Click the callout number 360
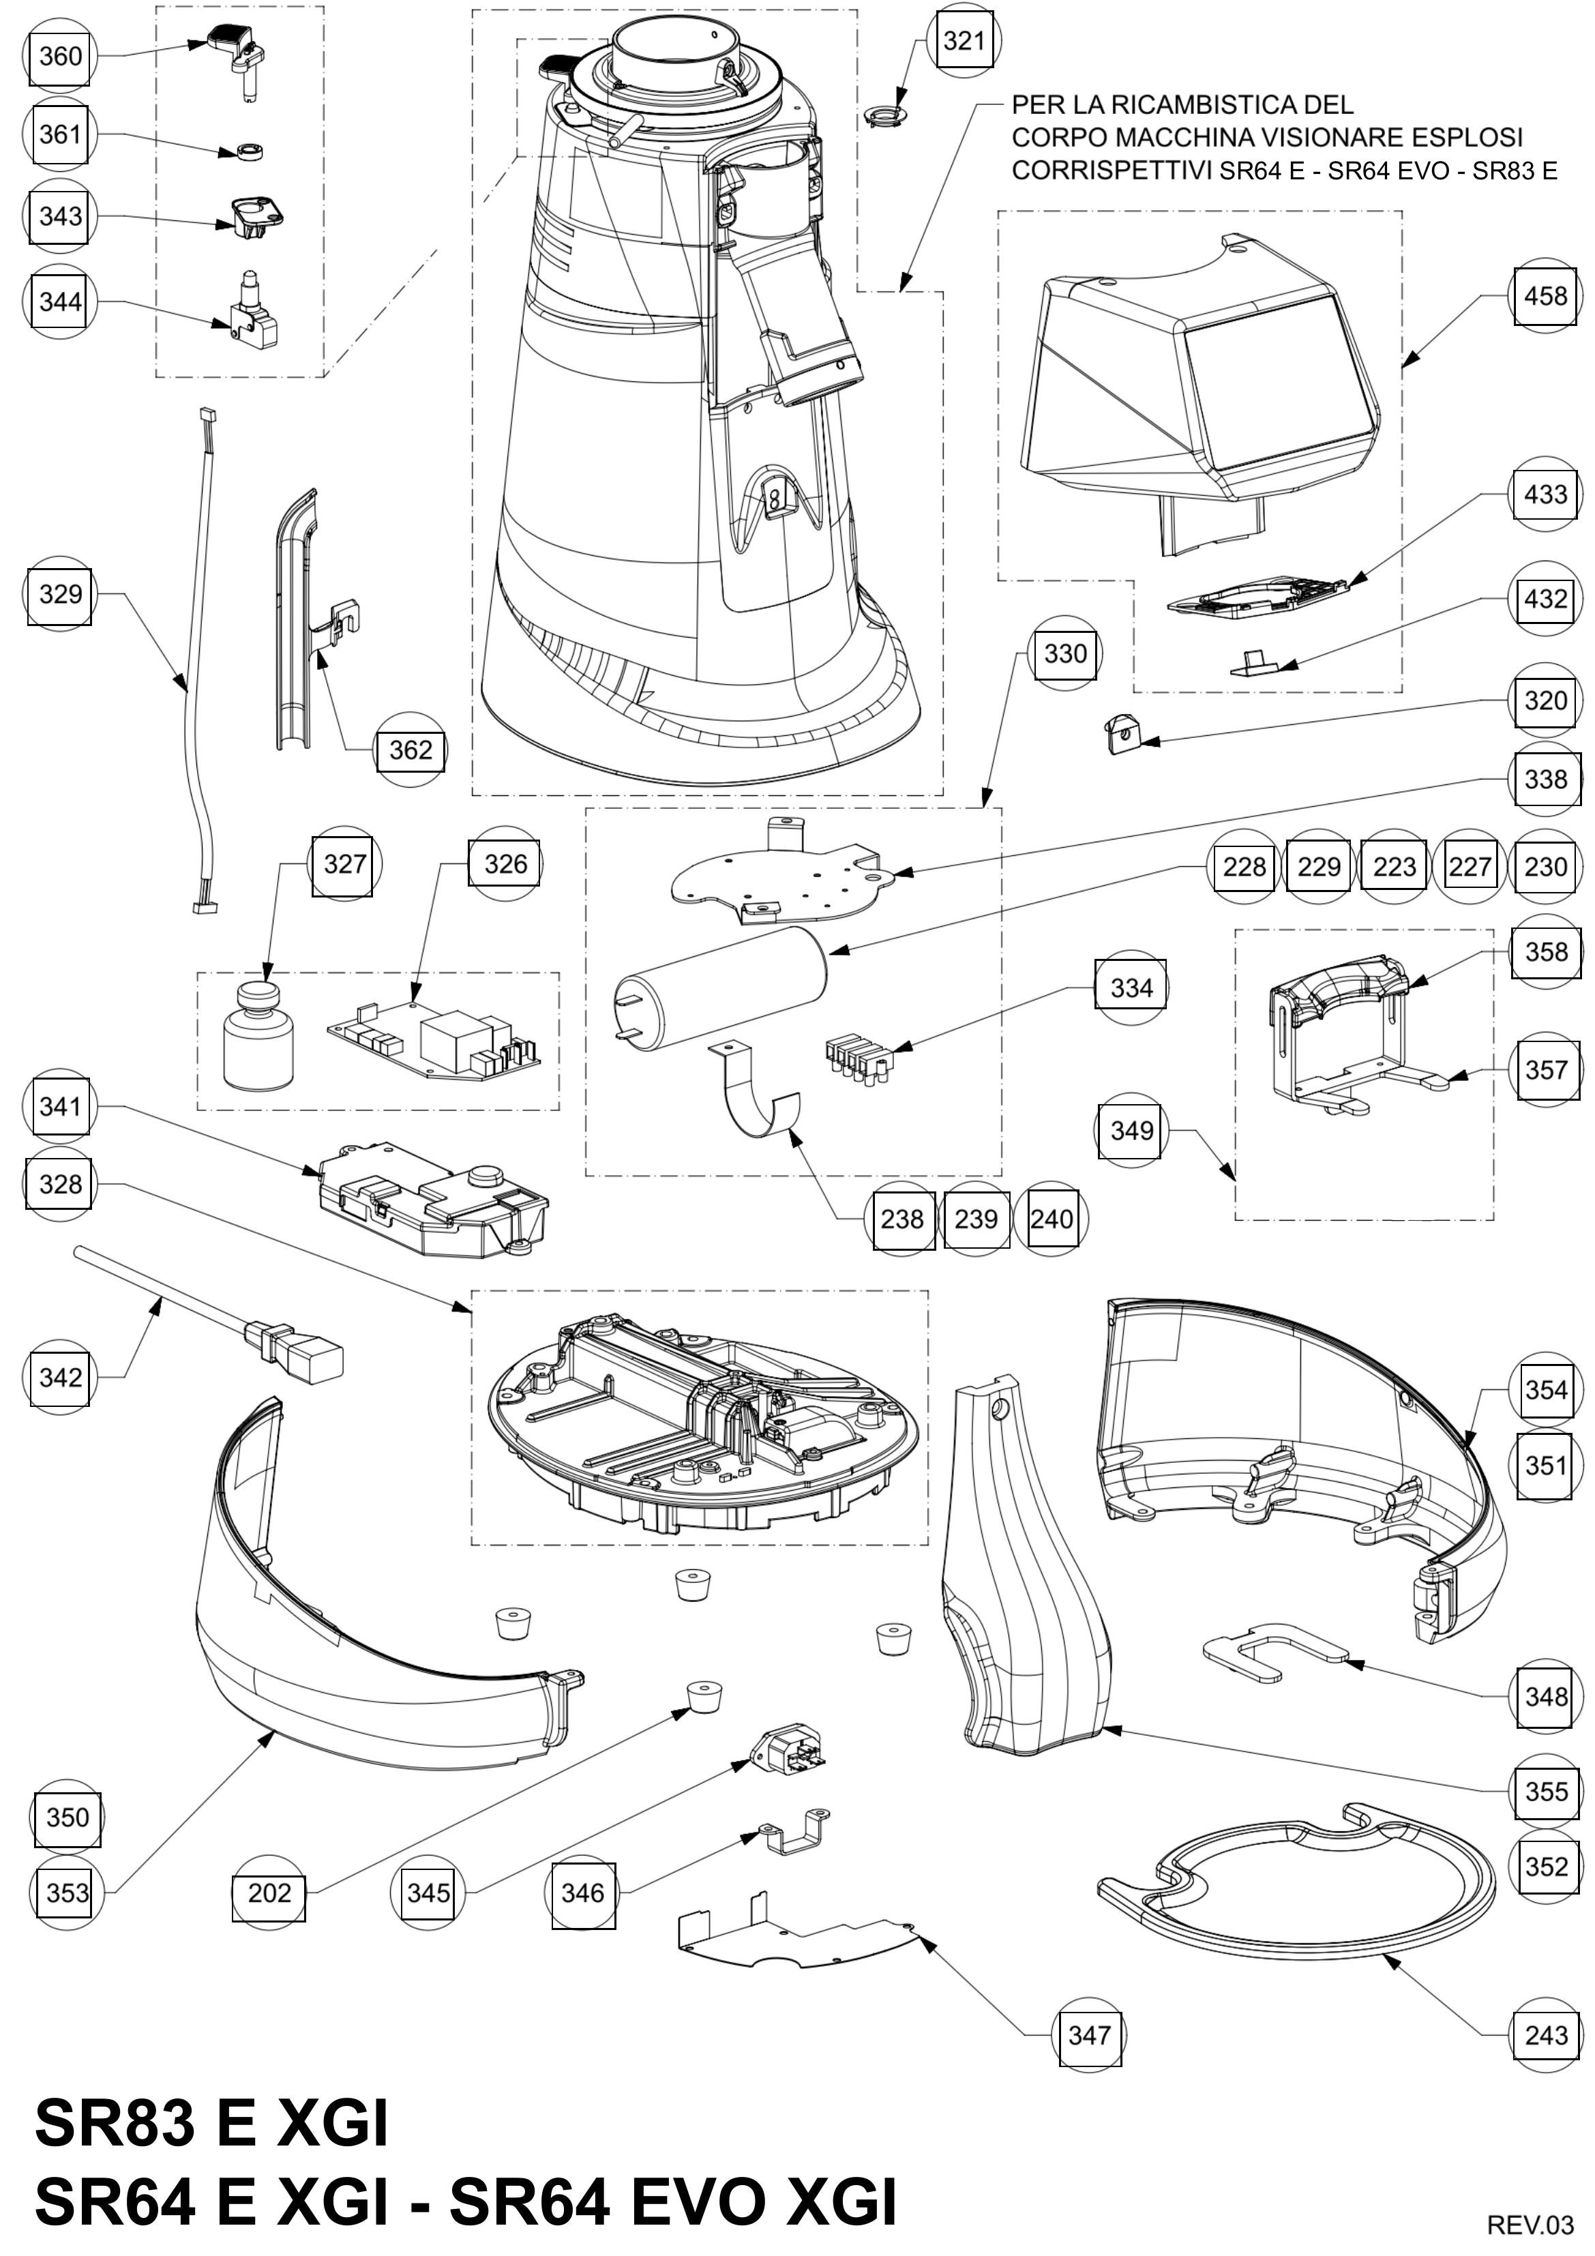(x=60, y=56)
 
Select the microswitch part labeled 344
(x=254, y=303)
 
